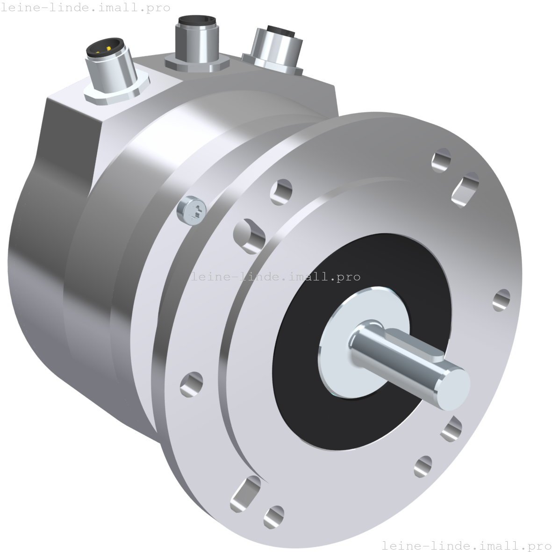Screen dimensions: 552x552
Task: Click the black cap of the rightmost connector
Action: click(281, 31)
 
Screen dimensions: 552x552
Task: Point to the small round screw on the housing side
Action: click(191, 210)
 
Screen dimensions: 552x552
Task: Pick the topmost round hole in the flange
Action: click(441, 160)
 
